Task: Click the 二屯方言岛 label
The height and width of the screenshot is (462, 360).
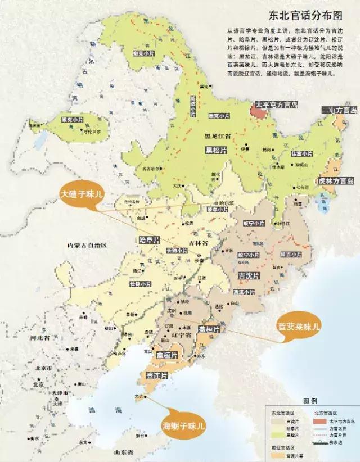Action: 339,110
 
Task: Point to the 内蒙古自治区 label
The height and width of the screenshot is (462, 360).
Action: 87,246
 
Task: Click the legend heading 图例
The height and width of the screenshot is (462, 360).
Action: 311,402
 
